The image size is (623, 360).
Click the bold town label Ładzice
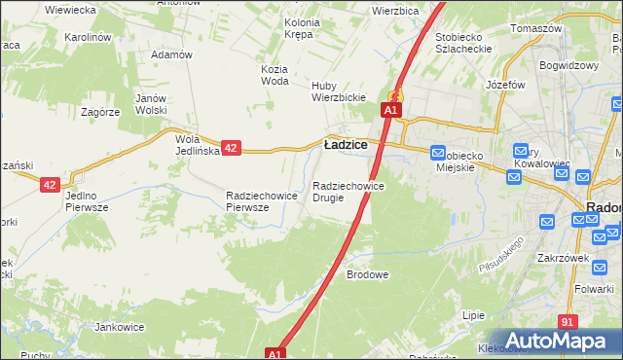(x=345, y=144)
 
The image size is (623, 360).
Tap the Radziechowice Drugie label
(x=348, y=192)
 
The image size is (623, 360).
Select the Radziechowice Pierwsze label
(x=261, y=201)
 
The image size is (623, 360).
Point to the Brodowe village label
(x=368, y=275)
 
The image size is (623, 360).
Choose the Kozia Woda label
(x=275, y=75)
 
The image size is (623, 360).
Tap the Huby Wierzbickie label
(x=338, y=90)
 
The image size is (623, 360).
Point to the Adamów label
(x=171, y=55)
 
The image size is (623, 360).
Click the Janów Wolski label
(x=151, y=104)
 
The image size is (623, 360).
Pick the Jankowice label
(x=120, y=327)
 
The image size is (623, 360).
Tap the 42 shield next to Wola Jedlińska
(x=231, y=148)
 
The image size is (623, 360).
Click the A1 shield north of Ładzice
(x=389, y=111)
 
